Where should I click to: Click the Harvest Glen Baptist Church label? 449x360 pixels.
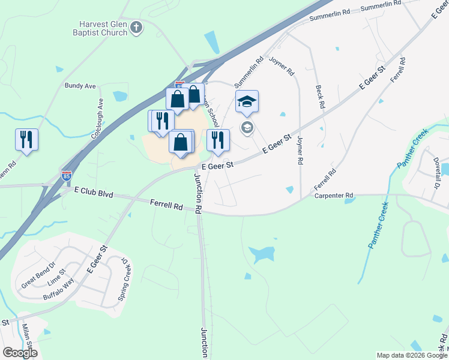point(103,28)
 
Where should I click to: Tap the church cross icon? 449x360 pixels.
point(137,28)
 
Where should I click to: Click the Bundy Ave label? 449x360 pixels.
point(80,86)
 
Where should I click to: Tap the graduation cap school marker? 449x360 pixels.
point(247,101)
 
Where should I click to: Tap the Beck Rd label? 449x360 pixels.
point(320,96)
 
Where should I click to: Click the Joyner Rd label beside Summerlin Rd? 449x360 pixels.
point(282,67)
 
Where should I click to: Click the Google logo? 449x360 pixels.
point(20,353)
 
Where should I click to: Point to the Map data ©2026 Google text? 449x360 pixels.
point(412,355)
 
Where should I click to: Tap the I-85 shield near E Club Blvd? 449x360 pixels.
point(67,175)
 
